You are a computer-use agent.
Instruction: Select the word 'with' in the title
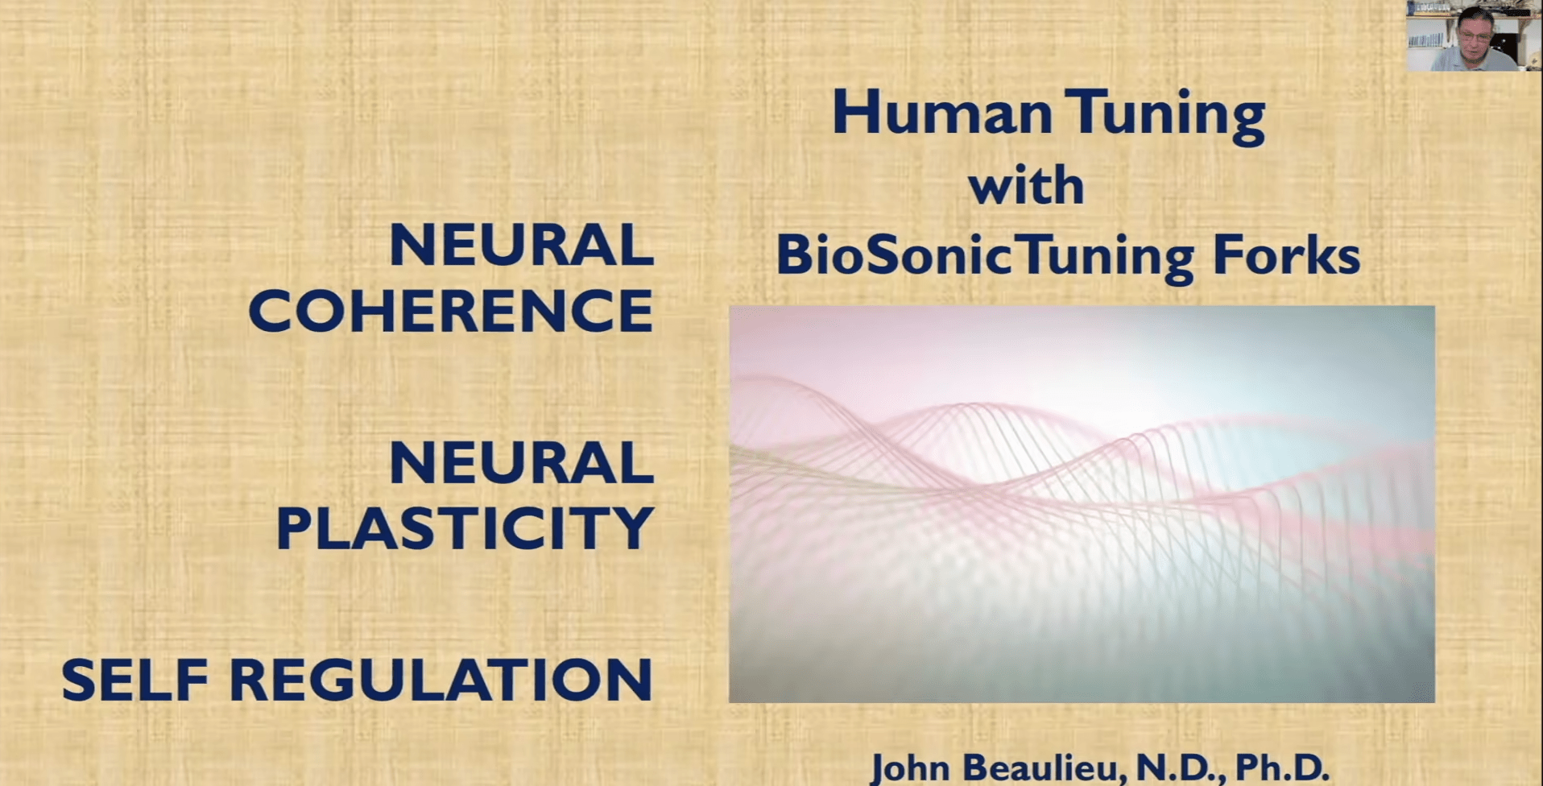pyautogui.click(x=1027, y=186)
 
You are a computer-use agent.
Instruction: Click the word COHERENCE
pyautogui.click(x=451, y=311)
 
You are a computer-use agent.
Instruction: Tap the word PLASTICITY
pyautogui.click(x=465, y=528)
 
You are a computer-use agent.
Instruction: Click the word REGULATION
pyautogui.click(x=441, y=681)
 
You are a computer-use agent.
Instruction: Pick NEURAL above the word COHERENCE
pyautogui.click(x=521, y=246)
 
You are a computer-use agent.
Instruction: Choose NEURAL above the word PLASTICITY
pyautogui.click(x=521, y=463)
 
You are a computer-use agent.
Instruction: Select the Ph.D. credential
pyautogui.click(x=1280, y=767)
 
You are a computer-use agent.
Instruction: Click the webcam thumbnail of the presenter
pyautogui.click(x=1474, y=36)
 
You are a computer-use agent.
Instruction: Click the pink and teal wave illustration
pyautogui.click(x=1082, y=503)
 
